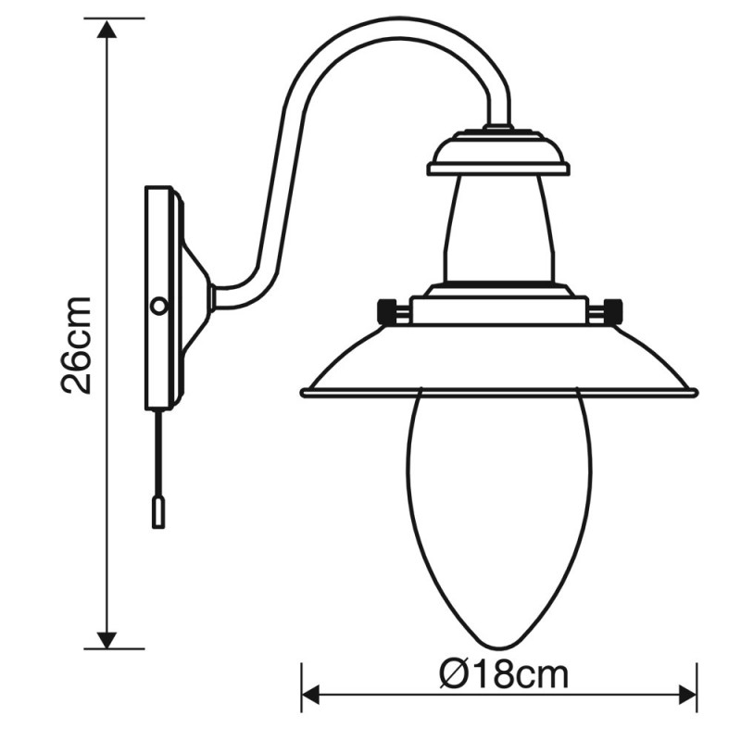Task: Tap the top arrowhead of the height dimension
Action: point(108,29)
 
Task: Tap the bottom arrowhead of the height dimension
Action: point(108,638)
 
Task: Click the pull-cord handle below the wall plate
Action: point(158,511)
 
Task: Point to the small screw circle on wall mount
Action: point(159,305)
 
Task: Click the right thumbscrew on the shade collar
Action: point(610,310)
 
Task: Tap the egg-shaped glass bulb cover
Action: point(499,500)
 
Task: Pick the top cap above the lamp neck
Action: point(498,154)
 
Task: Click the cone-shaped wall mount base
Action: point(195,298)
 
